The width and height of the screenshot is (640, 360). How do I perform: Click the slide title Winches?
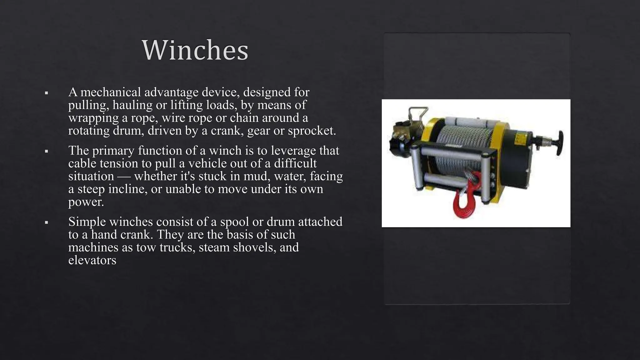pyautogui.click(x=195, y=50)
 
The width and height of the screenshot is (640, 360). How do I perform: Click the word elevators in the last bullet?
pyautogui.click(x=92, y=260)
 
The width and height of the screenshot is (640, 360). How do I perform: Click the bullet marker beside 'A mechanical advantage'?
pyautogui.click(x=46, y=93)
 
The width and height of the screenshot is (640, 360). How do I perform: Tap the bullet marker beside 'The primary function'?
pyautogui.click(x=46, y=151)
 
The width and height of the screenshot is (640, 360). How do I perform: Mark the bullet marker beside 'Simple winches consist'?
pyautogui.click(x=46, y=222)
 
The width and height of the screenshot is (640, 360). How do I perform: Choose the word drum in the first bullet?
pyautogui.click(x=128, y=131)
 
